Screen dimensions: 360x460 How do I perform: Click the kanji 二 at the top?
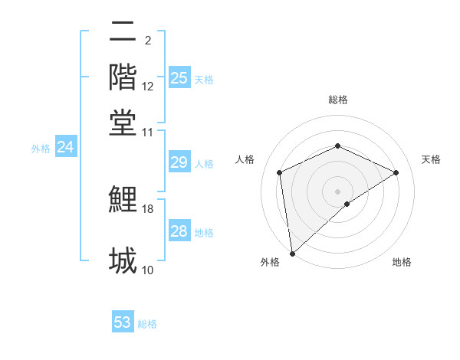pos(123,32)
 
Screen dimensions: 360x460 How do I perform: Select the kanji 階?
pos(123,77)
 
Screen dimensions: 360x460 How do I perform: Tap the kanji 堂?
pos(123,123)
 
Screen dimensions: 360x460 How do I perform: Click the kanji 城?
pos(123,260)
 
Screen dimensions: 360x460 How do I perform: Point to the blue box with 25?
pos(179,78)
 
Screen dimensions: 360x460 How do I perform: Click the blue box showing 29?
pos(179,162)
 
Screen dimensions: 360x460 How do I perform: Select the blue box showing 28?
pos(179,231)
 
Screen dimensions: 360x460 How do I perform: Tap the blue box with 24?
pos(65,148)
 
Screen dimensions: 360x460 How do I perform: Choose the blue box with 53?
pos(123,322)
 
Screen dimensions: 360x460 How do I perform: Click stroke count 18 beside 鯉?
pos(148,208)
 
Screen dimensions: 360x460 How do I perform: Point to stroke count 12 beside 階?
pos(148,87)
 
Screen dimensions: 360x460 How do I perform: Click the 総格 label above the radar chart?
pos(337,100)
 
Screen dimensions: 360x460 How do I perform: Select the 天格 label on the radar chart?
pos(431,159)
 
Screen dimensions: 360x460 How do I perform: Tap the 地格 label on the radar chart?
pos(402,262)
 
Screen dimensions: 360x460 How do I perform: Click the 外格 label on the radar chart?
pos(270,262)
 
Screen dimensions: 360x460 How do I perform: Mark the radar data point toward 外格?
pos(292,253)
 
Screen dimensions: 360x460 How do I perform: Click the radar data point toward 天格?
pos(396,172)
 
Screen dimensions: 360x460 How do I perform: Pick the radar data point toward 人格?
pos(280,172)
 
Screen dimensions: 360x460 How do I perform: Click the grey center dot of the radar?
pos(337,190)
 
